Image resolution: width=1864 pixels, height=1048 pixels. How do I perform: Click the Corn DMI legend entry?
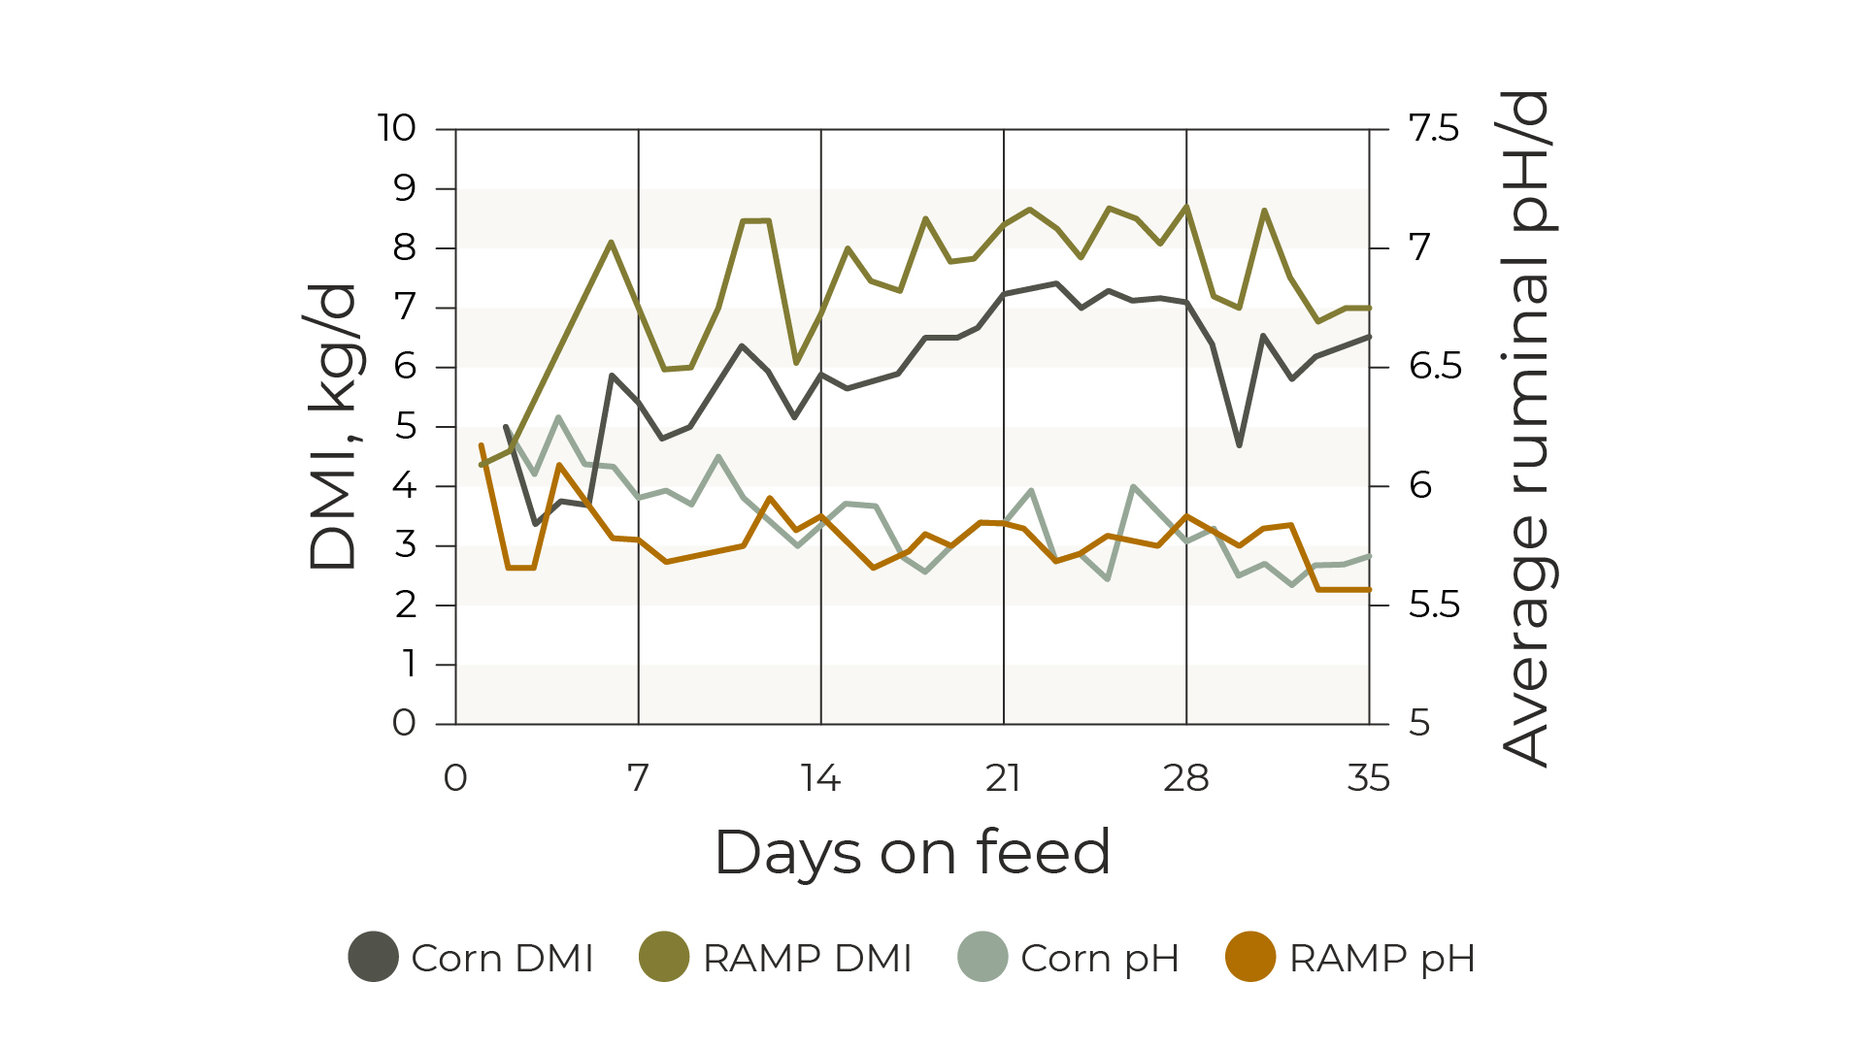point(472,958)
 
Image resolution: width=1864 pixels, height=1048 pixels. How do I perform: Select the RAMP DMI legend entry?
point(776,958)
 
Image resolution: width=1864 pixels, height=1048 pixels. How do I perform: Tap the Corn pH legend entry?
point(1068,958)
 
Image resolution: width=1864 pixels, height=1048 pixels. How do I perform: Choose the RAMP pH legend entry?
point(1350,958)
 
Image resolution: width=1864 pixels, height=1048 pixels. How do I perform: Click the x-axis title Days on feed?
point(913,853)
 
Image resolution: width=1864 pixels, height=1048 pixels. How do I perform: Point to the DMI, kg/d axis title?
point(333,427)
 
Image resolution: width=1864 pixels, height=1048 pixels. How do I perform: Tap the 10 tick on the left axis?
point(396,128)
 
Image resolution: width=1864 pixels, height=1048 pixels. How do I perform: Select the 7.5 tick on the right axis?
point(1433,128)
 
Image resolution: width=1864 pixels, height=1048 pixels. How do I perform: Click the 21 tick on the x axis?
point(1003,778)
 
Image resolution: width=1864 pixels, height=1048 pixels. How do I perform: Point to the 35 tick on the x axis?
point(1369,778)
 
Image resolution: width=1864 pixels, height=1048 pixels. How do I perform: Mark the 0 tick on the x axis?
point(455,778)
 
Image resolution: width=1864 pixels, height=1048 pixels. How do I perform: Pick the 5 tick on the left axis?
point(405,426)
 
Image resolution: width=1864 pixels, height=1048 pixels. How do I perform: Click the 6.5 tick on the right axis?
point(1434,367)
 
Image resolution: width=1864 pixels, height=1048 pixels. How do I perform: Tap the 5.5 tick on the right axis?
point(1434,606)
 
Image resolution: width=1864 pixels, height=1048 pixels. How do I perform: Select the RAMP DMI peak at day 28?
point(1186,206)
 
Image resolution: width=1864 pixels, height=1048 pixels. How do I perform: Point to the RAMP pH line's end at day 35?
point(1369,589)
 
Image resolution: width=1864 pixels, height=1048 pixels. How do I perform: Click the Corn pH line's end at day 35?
point(1369,556)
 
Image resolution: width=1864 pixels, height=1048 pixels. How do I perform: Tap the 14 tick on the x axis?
point(820,778)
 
